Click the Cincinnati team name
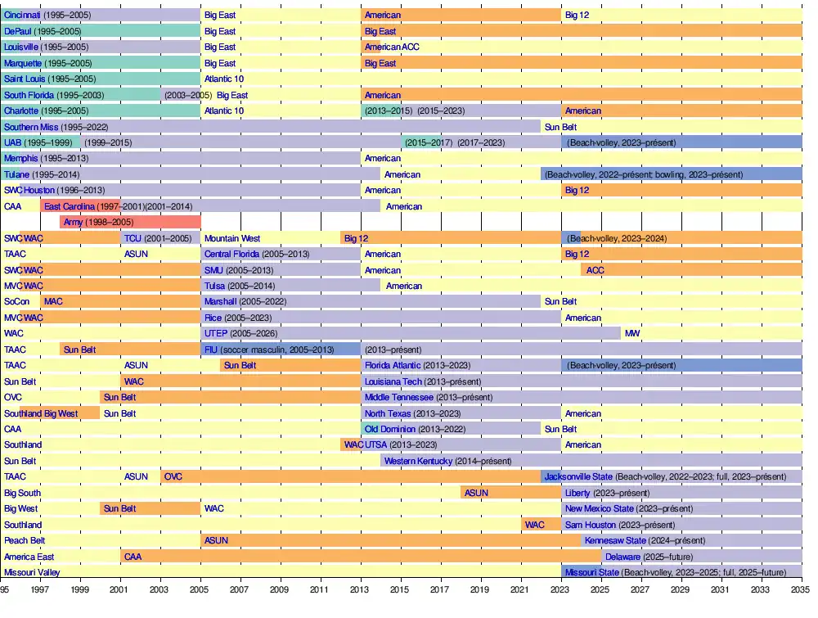pyautogui.click(x=22, y=15)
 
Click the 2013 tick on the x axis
pyautogui.click(x=360, y=589)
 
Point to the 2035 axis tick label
pyautogui.click(x=801, y=589)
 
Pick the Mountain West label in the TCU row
pyautogui.click(x=232, y=238)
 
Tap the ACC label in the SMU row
pyautogui.click(x=596, y=270)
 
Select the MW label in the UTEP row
pyautogui.click(x=632, y=334)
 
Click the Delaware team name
pyautogui.click(x=622, y=557)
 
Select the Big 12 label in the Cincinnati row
pyautogui.click(x=577, y=15)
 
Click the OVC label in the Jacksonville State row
pyautogui.click(x=173, y=476)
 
